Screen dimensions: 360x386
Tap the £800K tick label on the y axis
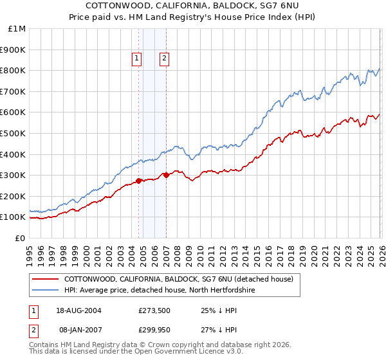point(13,70)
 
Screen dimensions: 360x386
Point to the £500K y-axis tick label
point(13,133)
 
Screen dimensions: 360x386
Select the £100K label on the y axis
point(13,217)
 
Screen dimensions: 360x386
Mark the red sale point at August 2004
point(139,181)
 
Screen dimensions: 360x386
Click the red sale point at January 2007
point(166,175)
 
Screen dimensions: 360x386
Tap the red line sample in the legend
point(45,279)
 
